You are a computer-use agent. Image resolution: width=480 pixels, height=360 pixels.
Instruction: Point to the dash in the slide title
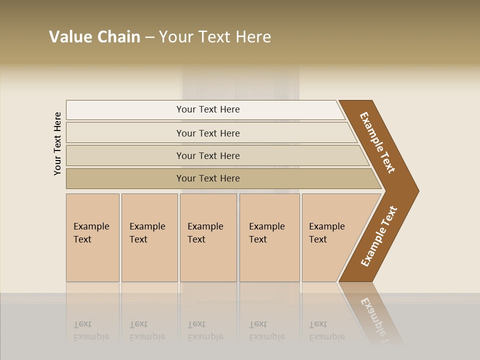pos(149,37)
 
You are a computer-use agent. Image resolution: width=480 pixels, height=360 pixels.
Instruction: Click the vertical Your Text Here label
pos(57,143)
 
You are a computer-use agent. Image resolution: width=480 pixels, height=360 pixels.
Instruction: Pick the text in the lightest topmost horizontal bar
pos(208,109)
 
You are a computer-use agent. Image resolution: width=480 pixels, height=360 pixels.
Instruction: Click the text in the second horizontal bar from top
pos(208,133)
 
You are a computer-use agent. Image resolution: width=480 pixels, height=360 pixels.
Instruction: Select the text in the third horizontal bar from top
pos(208,156)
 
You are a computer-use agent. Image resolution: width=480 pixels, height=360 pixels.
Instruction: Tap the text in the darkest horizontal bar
pos(208,178)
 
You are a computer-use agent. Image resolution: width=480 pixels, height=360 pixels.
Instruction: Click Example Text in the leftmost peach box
pos(91,233)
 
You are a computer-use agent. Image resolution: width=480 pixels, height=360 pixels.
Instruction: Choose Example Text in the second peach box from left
pos(147,233)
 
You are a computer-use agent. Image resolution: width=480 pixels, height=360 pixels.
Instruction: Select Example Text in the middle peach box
pos(205,233)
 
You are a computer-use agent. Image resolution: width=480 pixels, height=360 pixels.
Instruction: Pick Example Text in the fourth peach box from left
pos(266,233)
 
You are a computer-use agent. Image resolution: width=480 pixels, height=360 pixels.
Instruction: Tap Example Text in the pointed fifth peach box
pos(326,233)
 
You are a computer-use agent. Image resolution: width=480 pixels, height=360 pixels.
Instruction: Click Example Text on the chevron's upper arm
pos(377,142)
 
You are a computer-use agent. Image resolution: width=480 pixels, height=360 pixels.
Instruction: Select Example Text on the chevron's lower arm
pos(379,236)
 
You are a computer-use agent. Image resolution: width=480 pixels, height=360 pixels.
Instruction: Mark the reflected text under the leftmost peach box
pos(91,330)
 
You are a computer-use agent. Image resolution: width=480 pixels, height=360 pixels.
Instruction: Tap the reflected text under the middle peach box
pos(205,330)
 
